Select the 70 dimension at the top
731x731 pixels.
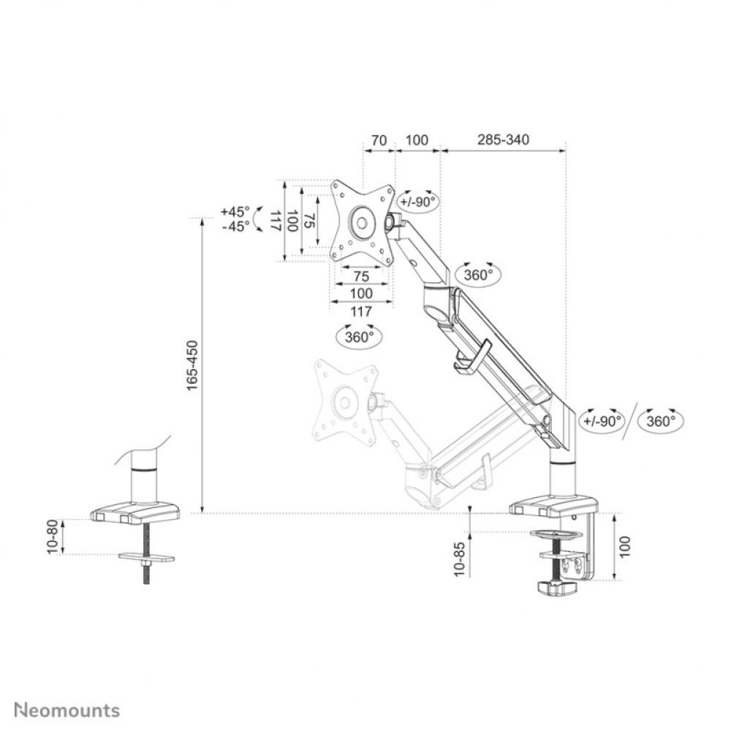pos(379,139)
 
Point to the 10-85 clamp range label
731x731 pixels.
pos(458,559)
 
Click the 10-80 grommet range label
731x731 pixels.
pos(52,537)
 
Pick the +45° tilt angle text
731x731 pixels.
pos(235,211)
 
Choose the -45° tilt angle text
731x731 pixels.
pos(235,226)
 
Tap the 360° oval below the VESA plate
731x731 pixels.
pos(359,336)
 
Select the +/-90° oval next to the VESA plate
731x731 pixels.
pos(418,202)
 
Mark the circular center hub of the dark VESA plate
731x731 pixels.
pos(361,221)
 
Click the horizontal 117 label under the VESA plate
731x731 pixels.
pos(360,311)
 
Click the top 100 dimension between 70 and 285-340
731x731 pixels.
pos(417,139)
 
